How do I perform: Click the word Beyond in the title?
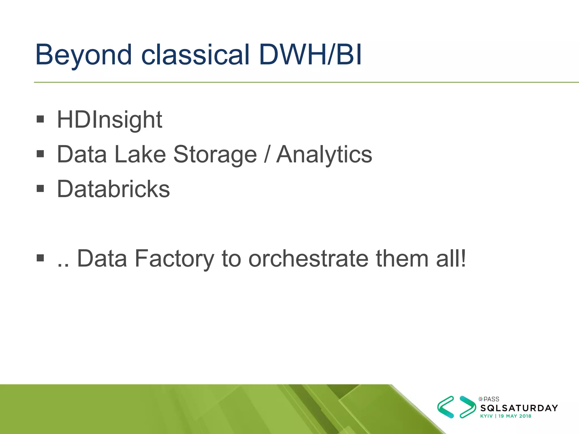coord(83,55)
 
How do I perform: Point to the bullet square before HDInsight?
coord(40,119)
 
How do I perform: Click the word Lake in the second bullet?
coord(140,155)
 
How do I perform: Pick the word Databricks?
coord(113,189)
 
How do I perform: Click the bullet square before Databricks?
coord(40,188)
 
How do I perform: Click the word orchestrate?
coord(308,258)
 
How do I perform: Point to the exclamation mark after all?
coord(463,258)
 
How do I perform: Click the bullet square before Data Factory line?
coord(40,258)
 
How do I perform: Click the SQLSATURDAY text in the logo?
coord(519,408)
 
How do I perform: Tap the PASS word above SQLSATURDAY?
coord(491,399)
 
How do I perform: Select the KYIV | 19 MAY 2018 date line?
coord(505,416)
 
